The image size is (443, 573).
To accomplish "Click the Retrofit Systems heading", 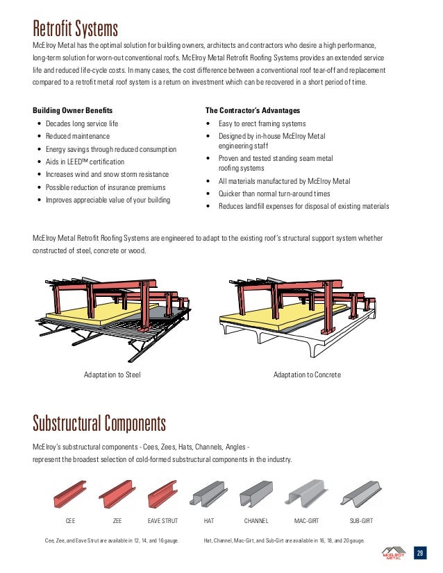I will [x=76, y=28].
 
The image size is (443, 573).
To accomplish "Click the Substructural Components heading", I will [x=99, y=422].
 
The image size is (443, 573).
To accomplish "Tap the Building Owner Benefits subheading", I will [x=73, y=110].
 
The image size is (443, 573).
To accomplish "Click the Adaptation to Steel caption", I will [x=112, y=375].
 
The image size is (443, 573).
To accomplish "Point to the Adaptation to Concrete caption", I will [x=307, y=375].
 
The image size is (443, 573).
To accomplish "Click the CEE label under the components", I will [x=70, y=519].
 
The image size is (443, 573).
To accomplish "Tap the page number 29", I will [x=419, y=553].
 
